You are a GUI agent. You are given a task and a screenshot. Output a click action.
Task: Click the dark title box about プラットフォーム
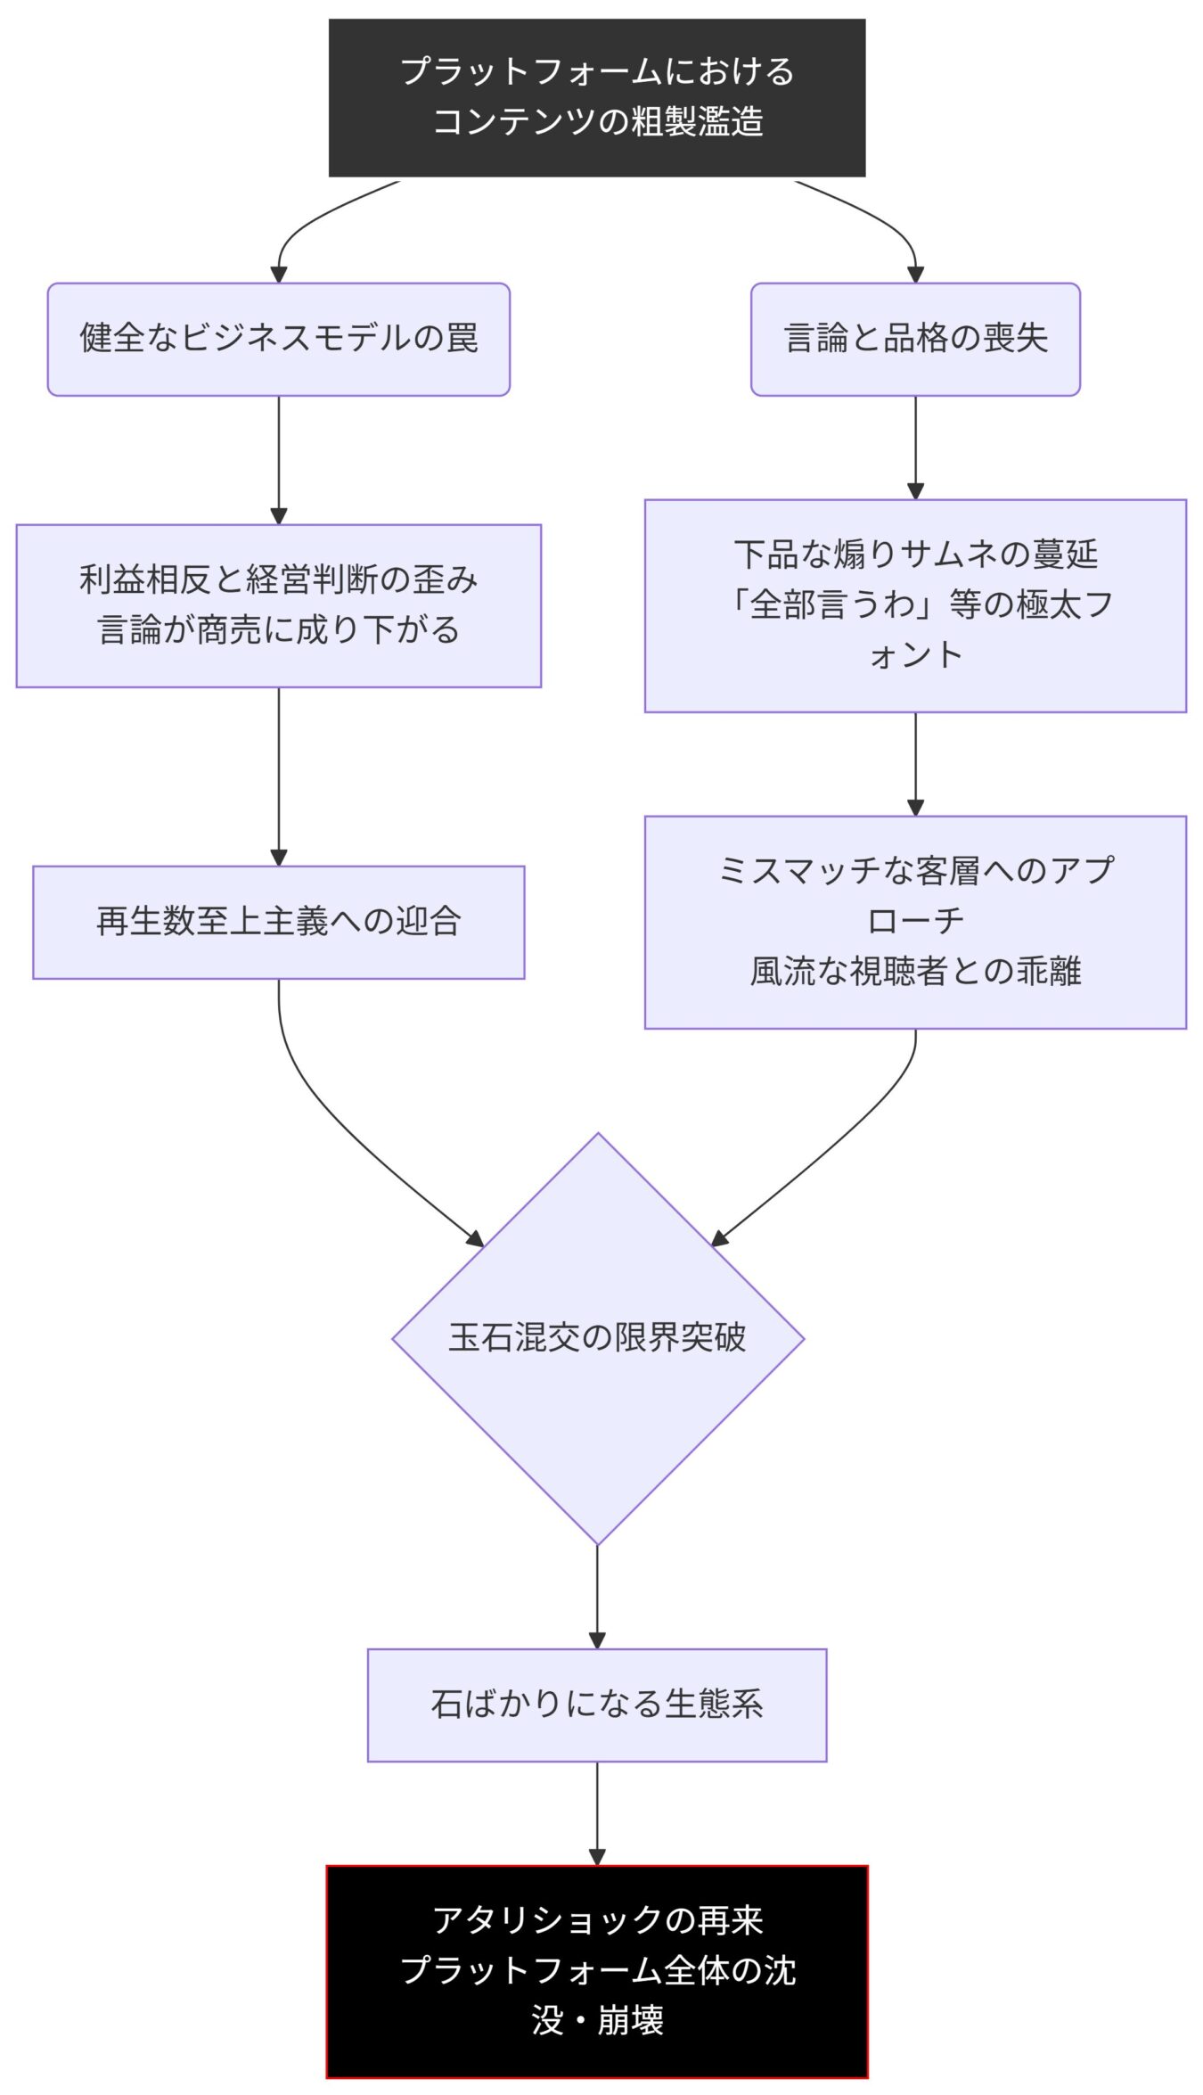[x=597, y=97]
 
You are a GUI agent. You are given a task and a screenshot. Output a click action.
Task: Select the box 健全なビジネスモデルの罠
[x=278, y=339]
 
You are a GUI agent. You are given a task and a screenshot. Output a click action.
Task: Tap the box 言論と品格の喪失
[x=915, y=339]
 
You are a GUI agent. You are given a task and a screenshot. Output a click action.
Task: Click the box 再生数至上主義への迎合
[x=278, y=921]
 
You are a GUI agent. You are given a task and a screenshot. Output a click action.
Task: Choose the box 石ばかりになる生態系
[x=597, y=1704]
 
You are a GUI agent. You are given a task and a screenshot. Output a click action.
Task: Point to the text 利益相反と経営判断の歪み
[x=278, y=579]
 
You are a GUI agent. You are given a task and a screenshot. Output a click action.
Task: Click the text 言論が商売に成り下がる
[x=278, y=630]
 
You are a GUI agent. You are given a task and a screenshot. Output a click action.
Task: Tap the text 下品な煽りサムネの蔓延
[x=915, y=555]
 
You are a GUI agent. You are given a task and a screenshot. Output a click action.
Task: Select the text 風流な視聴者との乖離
[x=915, y=971]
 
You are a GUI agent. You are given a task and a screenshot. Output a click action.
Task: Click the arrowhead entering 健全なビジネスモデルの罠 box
[x=278, y=274]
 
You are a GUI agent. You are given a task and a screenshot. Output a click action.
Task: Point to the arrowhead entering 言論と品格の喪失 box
[x=915, y=274]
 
